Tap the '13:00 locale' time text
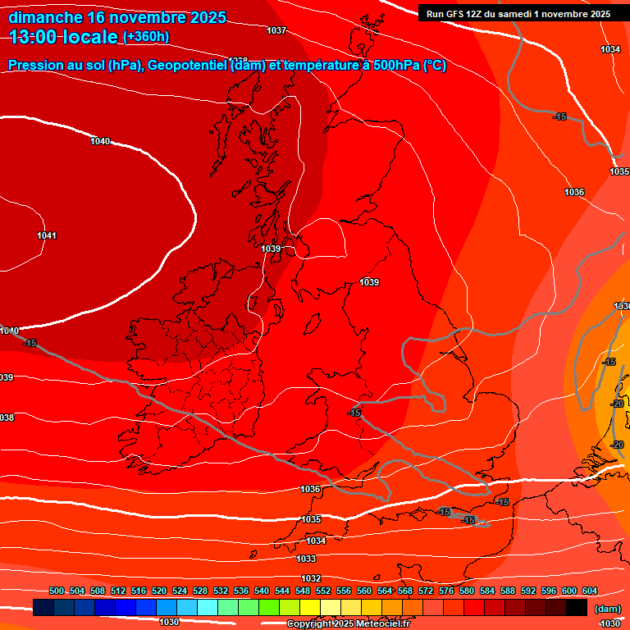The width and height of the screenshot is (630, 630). click(x=64, y=37)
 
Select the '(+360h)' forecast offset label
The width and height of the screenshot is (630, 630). click(x=146, y=37)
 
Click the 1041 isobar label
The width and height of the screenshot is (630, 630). click(x=47, y=236)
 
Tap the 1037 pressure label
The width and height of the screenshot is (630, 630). click(x=276, y=30)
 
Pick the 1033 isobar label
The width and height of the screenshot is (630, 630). click(x=306, y=559)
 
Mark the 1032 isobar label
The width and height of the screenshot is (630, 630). click(x=311, y=578)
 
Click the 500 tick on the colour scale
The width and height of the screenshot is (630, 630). click(x=57, y=591)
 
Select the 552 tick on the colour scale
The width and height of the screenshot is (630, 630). click(x=323, y=591)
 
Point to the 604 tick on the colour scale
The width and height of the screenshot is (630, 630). click(x=590, y=591)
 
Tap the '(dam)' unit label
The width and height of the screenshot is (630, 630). click(x=606, y=609)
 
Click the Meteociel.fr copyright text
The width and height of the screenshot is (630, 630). click(x=348, y=623)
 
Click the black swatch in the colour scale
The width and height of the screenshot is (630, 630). click(x=576, y=607)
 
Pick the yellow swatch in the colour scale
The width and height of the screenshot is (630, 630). click(x=309, y=607)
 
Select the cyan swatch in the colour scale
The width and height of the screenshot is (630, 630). click(x=207, y=607)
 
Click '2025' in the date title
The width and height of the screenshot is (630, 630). click(x=201, y=18)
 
